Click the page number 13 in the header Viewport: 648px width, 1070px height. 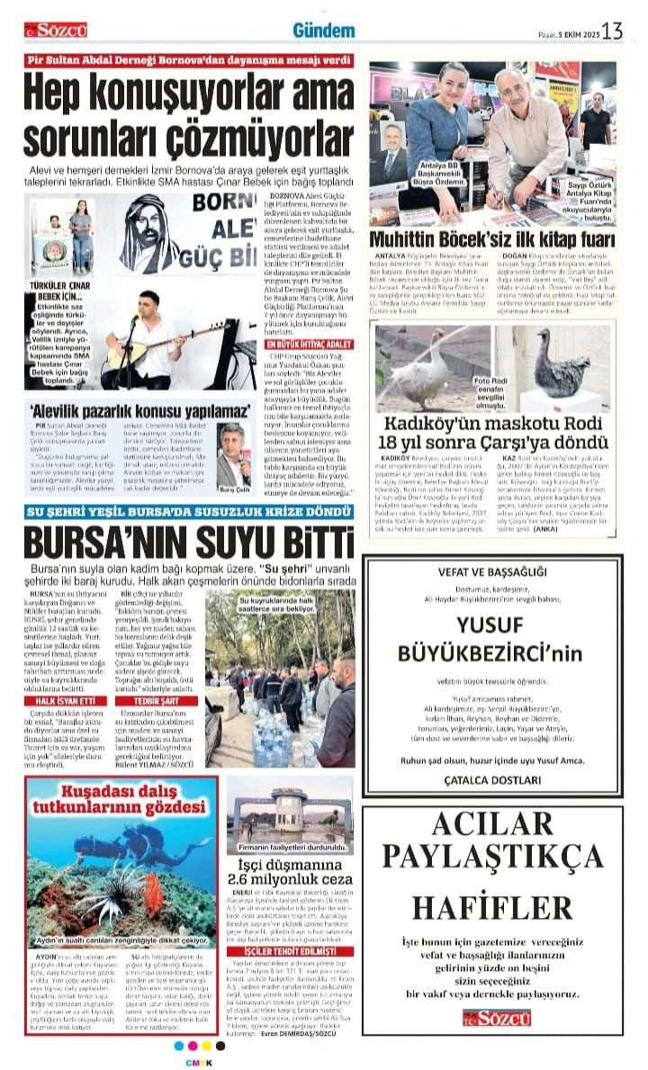[x=614, y=31]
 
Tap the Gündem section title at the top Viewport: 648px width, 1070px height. [x=323, y=31]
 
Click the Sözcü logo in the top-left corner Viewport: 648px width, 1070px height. [x=56, y=31]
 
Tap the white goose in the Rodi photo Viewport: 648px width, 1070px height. [x=417, y=369]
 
